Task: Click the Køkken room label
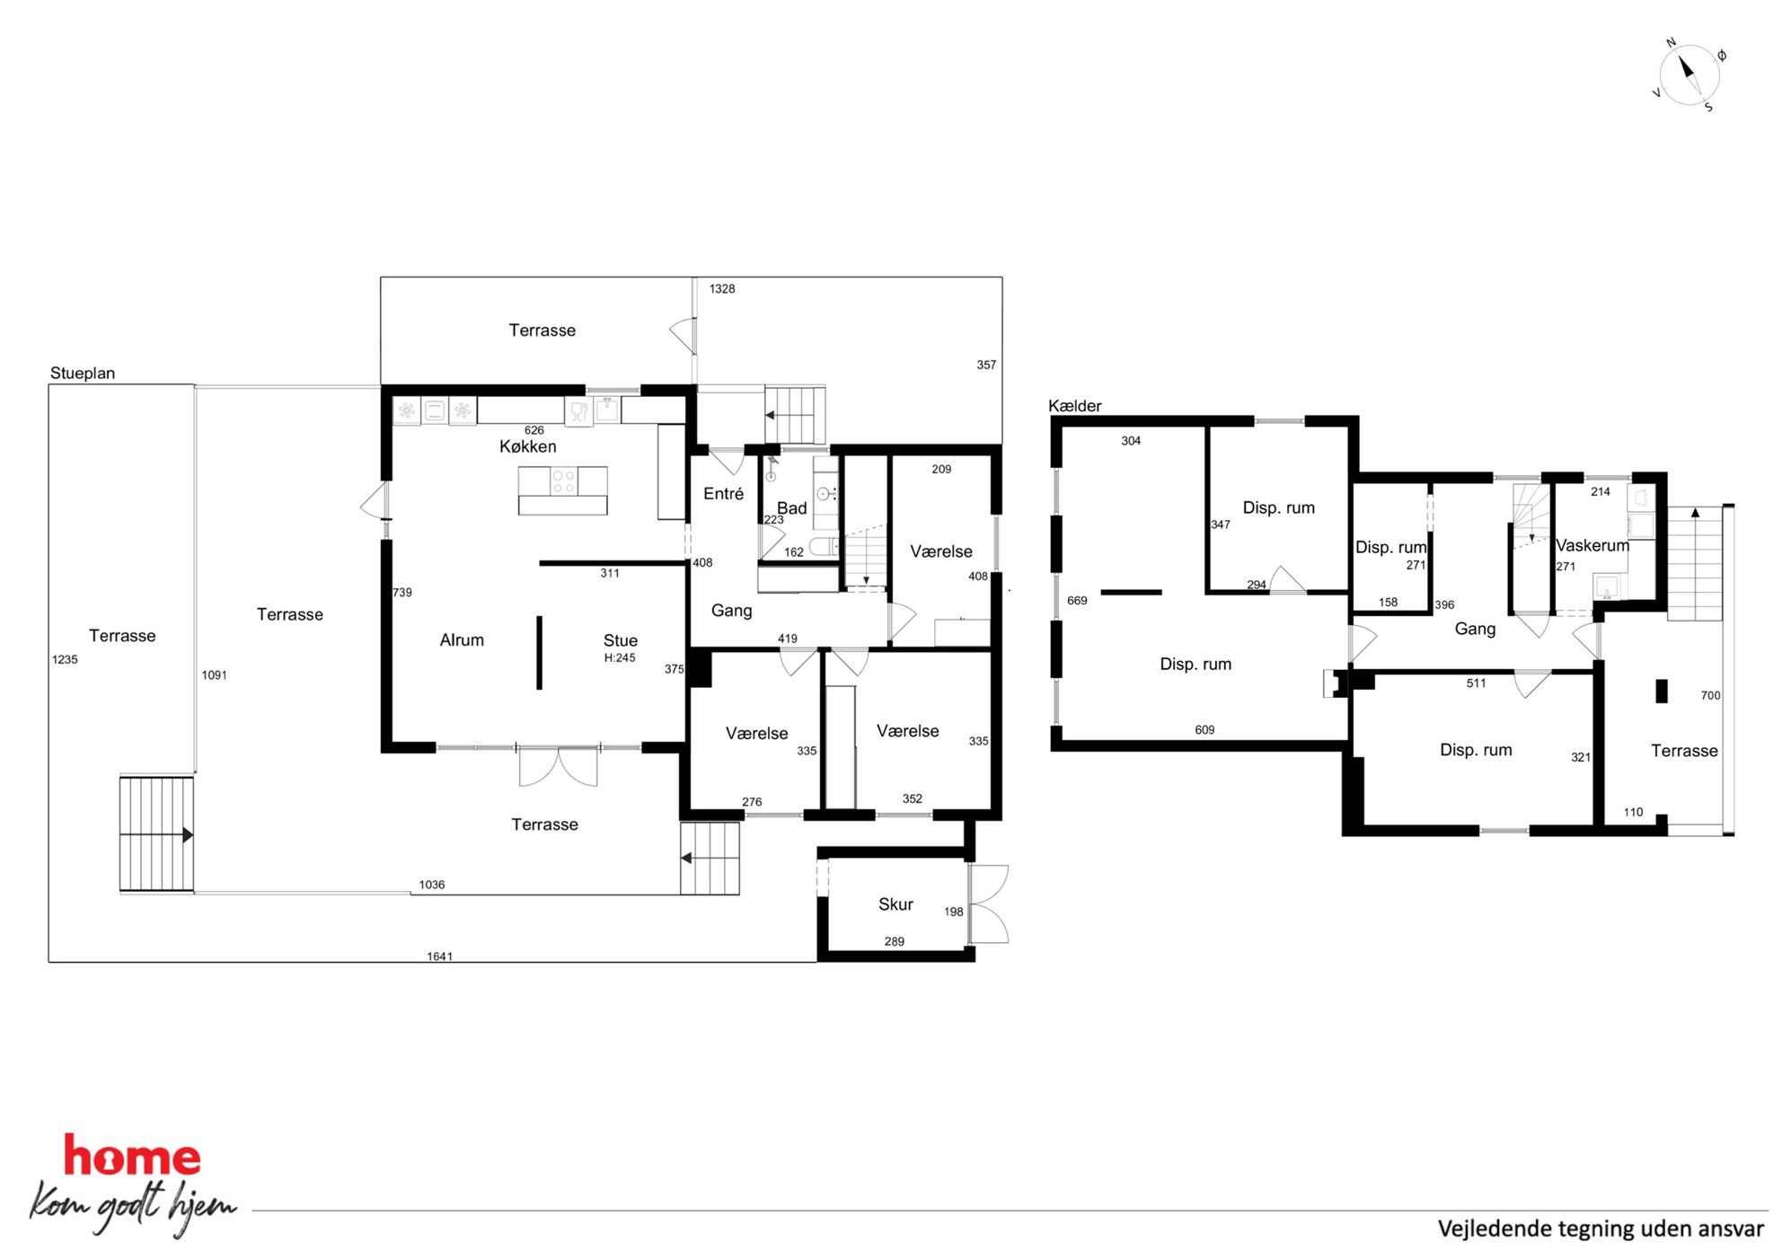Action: pos(528,446)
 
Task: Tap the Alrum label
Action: pos(462,639)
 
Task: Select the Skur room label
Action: pos(895,904)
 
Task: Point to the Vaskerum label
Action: pos(1592,545)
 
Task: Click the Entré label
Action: pos(724,493)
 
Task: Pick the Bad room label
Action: pos(792,508)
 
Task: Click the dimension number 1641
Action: pos(440,956)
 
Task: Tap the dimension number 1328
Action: pos(722,288)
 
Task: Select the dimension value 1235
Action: pos(65,659)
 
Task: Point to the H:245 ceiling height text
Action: pos(620,657)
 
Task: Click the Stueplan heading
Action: pos(83,373)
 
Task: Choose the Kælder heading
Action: pos(1075,406)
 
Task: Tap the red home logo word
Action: pos(132,1157)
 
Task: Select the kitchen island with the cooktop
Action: pos(563,490)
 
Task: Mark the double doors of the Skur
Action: pos(989,903)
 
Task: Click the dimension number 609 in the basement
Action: pos(1204,730)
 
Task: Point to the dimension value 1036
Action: pos(432,885)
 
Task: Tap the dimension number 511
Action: pos(1476,683)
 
